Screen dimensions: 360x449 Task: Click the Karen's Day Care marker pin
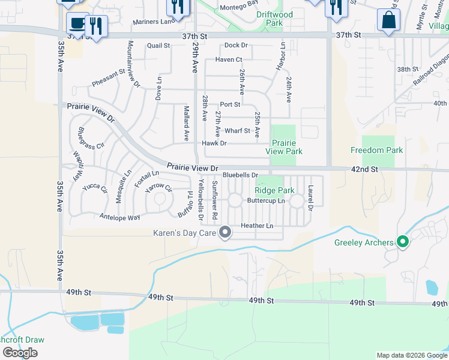tap(226, 232)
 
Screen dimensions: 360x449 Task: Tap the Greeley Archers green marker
tap(403, 242)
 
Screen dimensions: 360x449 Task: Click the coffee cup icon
tap(77, 23)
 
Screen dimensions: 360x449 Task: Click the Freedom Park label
tap(377, 150)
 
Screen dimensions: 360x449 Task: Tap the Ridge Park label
tap(275, 190)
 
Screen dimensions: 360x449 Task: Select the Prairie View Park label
tap(287, 147)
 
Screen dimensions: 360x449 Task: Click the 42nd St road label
tap(364, 170)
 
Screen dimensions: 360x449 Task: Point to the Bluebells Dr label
tap(240, 175)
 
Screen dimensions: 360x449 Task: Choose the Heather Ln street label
tap(257, 226)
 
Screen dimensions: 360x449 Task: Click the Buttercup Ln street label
tap(266, 200)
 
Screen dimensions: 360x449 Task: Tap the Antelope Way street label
tap(120, 217)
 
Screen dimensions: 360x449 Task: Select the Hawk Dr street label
tap(214, 143)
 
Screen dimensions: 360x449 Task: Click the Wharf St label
tap(237, 131)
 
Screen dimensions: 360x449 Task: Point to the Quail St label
tap(158, 46)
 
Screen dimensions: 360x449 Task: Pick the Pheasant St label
tap(108, 77)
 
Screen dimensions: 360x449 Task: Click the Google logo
tap(20, 353)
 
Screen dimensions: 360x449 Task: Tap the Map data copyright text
tap(411, 355)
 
